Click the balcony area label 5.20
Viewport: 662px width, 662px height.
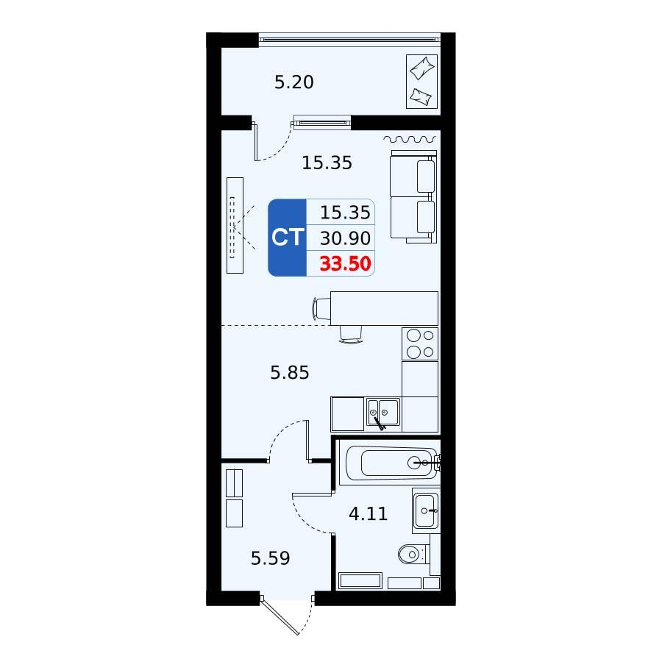pyautogui.click(x=293, y=82)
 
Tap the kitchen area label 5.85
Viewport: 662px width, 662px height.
pyautogui.click(x=290, y=372)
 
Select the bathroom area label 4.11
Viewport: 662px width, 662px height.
pyautogui.click(x=369, y=513)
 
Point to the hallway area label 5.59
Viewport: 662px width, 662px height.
pyautogui.click(x=270, y=558)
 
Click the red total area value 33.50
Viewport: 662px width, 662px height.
pyautogui.click(x=346, y=263)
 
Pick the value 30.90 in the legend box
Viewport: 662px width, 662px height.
pyautogui.click(x=346, y=238)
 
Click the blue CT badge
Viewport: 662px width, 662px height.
pyautogui.click(x=287, y=238)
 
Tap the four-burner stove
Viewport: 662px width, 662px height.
pyautogui.click(x=420, y=344)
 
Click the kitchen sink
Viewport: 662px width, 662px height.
pyautogui.click(x=383, y=413)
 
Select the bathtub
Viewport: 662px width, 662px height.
pyautogui.click(x=391, y=463)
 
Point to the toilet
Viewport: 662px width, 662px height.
pyautogui.click(x=413, y=554)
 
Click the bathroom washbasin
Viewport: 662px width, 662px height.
pyautogui.click(x=426, y=511)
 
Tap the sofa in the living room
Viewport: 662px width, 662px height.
pyautogui.click(x=413, y=196)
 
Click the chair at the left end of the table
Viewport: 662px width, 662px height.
pyautogui.click(x=321, y=309)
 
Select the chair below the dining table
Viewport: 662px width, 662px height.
pyautogui.click(x=351, y=334)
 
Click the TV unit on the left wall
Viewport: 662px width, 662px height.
pyautogui.click(x=235, y=226)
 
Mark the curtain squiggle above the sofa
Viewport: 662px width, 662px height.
pyautogui.click(x=410, y=139)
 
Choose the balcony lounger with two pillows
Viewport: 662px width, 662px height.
pyautogui.click(x=421, y=82)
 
